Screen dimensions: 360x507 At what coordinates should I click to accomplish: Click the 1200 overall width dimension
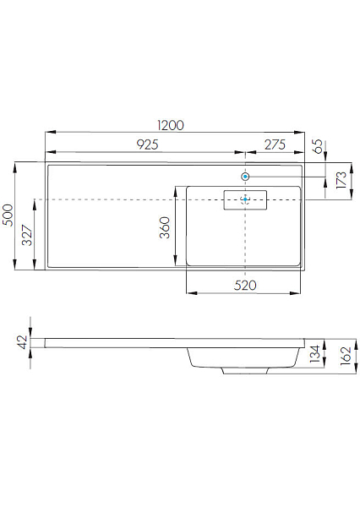pos(171,125)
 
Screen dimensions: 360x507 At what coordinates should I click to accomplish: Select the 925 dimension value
pos(148,144)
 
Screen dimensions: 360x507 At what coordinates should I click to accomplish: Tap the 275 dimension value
pos(275,144)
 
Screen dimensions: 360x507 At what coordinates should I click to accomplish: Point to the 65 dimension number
pos(319,146)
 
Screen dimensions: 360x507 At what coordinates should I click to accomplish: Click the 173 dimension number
pos(341,180)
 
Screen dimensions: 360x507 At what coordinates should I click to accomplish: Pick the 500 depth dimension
pos(8,215)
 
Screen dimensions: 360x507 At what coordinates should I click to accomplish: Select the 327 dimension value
pos(27,235)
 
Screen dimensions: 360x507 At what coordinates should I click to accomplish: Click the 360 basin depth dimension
pos(164,227)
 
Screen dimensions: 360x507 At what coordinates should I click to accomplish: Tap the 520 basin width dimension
pos(245,286)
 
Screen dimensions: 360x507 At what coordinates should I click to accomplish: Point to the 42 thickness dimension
pos(22,342)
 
